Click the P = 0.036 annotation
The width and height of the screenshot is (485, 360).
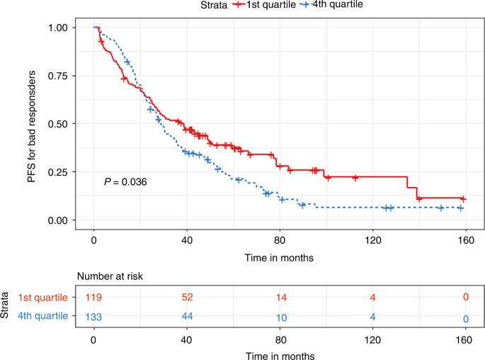pos(126,182)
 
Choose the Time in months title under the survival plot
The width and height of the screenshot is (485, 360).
pos(280,257)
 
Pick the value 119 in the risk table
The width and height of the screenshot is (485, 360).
pos(94,297)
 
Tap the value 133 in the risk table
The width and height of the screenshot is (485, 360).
pos(94,318)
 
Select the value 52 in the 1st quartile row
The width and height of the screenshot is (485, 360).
pos(187,297)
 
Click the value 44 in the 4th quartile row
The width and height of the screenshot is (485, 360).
pos(187,318)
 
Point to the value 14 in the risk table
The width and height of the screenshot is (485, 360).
pos(280,297)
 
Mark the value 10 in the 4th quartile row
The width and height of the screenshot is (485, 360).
pos(280,318)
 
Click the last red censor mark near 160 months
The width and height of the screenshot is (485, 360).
pos(463,198)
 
